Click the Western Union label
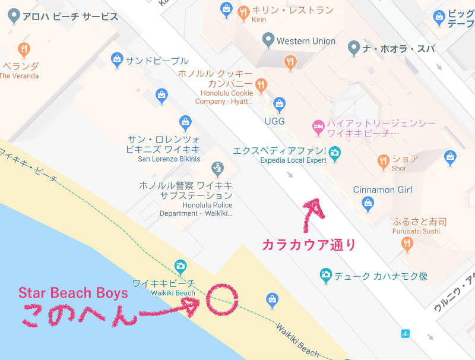(306, 41)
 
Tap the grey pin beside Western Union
(268, 40)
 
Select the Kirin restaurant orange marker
(243, 11)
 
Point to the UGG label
(274, 121)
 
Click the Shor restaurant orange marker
(384, 160)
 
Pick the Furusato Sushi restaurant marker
(406, 242)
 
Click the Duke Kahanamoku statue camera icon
(325, 274)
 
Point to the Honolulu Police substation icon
(217, 168)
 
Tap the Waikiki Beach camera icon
(180, 266)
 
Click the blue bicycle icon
(406, 333)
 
